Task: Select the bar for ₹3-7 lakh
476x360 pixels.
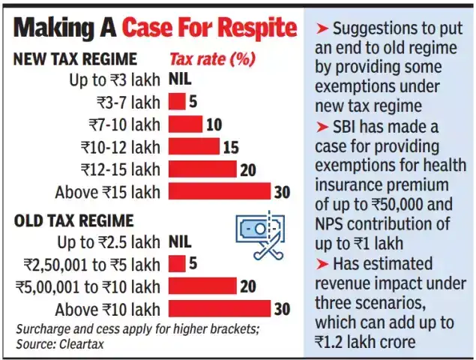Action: coord(177,101)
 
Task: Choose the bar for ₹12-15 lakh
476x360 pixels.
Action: coord(202,169)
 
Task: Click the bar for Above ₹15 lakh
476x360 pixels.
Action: coord(219,192)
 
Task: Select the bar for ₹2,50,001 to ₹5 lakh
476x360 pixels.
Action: coord(177,264)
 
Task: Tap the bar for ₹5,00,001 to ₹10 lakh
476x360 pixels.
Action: coord(202,286)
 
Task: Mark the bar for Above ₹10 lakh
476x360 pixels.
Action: coord(219,309)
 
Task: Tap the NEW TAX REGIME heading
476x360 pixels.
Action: coord(75,59)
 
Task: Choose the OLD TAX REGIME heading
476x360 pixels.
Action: coord(73,220)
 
